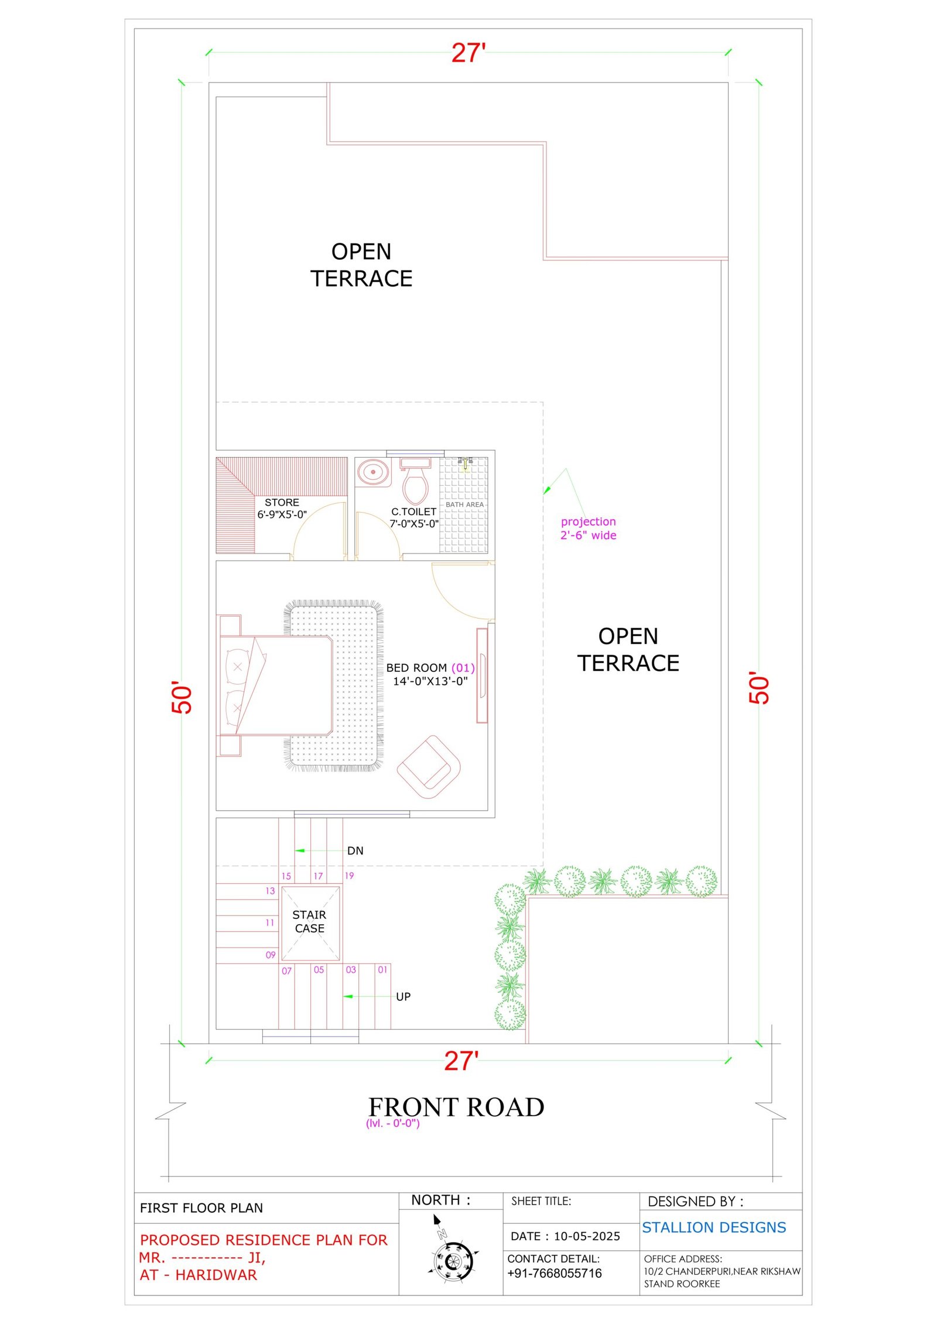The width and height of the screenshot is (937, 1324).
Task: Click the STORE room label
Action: [282, 502]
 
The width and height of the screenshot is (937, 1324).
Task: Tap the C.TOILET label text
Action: [413, 512]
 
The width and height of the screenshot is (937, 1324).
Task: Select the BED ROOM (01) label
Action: [430, 668]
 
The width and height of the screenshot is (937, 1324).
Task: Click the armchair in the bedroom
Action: [429, 766]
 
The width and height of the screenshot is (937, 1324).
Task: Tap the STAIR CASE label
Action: [309, 921]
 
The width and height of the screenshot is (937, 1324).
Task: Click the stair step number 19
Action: [349, 876]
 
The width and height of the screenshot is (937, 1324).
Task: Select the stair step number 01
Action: [382, 970]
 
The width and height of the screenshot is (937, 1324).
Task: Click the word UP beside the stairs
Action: [403, 997]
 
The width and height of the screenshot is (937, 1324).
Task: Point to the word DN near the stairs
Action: [355, 851]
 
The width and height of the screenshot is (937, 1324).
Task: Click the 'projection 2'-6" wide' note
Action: [589, 528]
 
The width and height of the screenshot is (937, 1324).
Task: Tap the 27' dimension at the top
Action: [468, 53]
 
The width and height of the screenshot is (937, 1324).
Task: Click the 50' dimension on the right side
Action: [759, 688]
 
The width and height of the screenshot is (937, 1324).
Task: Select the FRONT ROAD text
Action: [456, 1107]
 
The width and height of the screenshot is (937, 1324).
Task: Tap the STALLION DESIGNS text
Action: [714, 1227]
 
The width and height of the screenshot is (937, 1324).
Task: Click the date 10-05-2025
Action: [587, 1236]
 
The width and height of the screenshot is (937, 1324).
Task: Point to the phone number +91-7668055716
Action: [555, 1273]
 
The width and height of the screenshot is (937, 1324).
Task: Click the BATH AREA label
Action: [465, 505]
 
